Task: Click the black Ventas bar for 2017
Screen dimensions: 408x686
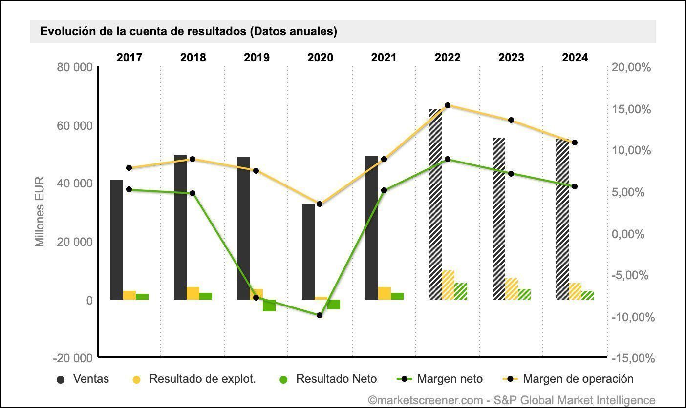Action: click(117, 239)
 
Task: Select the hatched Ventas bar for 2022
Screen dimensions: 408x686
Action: click(435, 205)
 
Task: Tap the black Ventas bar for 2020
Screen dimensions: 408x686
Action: click(308, 251)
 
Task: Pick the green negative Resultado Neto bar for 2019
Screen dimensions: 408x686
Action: click(269, 306)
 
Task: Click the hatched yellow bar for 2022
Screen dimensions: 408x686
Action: click(448, 285)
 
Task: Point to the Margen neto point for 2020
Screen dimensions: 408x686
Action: click(320, 315)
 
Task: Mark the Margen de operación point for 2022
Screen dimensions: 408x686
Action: click(448, 105)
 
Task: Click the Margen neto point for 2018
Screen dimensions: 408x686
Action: click(193, 193)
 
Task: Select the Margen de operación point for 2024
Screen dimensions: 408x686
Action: click(575, 143)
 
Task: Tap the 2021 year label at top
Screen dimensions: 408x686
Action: click(384, 58)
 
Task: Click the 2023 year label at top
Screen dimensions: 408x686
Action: click(511, 58)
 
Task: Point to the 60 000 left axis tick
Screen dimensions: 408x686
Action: click(76, 126)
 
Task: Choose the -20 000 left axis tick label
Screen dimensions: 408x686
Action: click(73, 358)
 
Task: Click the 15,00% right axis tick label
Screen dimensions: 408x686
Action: click(632, 109)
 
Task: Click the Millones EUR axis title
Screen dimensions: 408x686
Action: click(40, 212)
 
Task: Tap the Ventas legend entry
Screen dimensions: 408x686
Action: click(84, 379)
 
